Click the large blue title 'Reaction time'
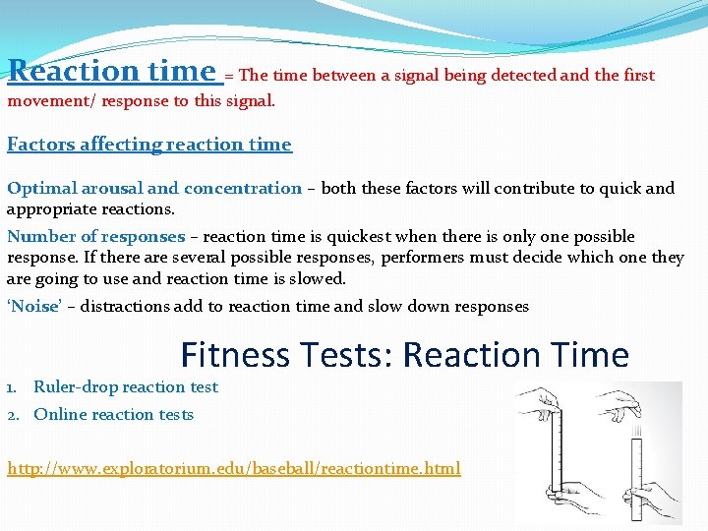coord(111,71)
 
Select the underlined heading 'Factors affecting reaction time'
coord(149,145)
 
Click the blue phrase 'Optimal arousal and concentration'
coord(154,188)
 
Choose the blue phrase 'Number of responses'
coord(95,237)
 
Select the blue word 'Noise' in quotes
coord(34,307)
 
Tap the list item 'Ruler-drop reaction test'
coord(126,387)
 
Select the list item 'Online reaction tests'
coord(113,415)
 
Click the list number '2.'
coord(15,415)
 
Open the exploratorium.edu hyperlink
coord(233,468)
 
